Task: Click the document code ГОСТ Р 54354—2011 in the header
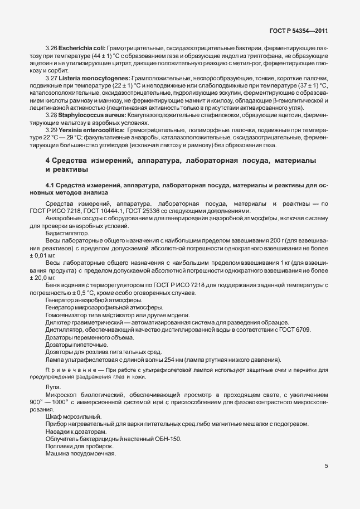299,32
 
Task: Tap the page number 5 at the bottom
326,467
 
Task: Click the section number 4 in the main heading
47,161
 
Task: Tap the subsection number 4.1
50,185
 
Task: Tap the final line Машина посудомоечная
80,453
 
